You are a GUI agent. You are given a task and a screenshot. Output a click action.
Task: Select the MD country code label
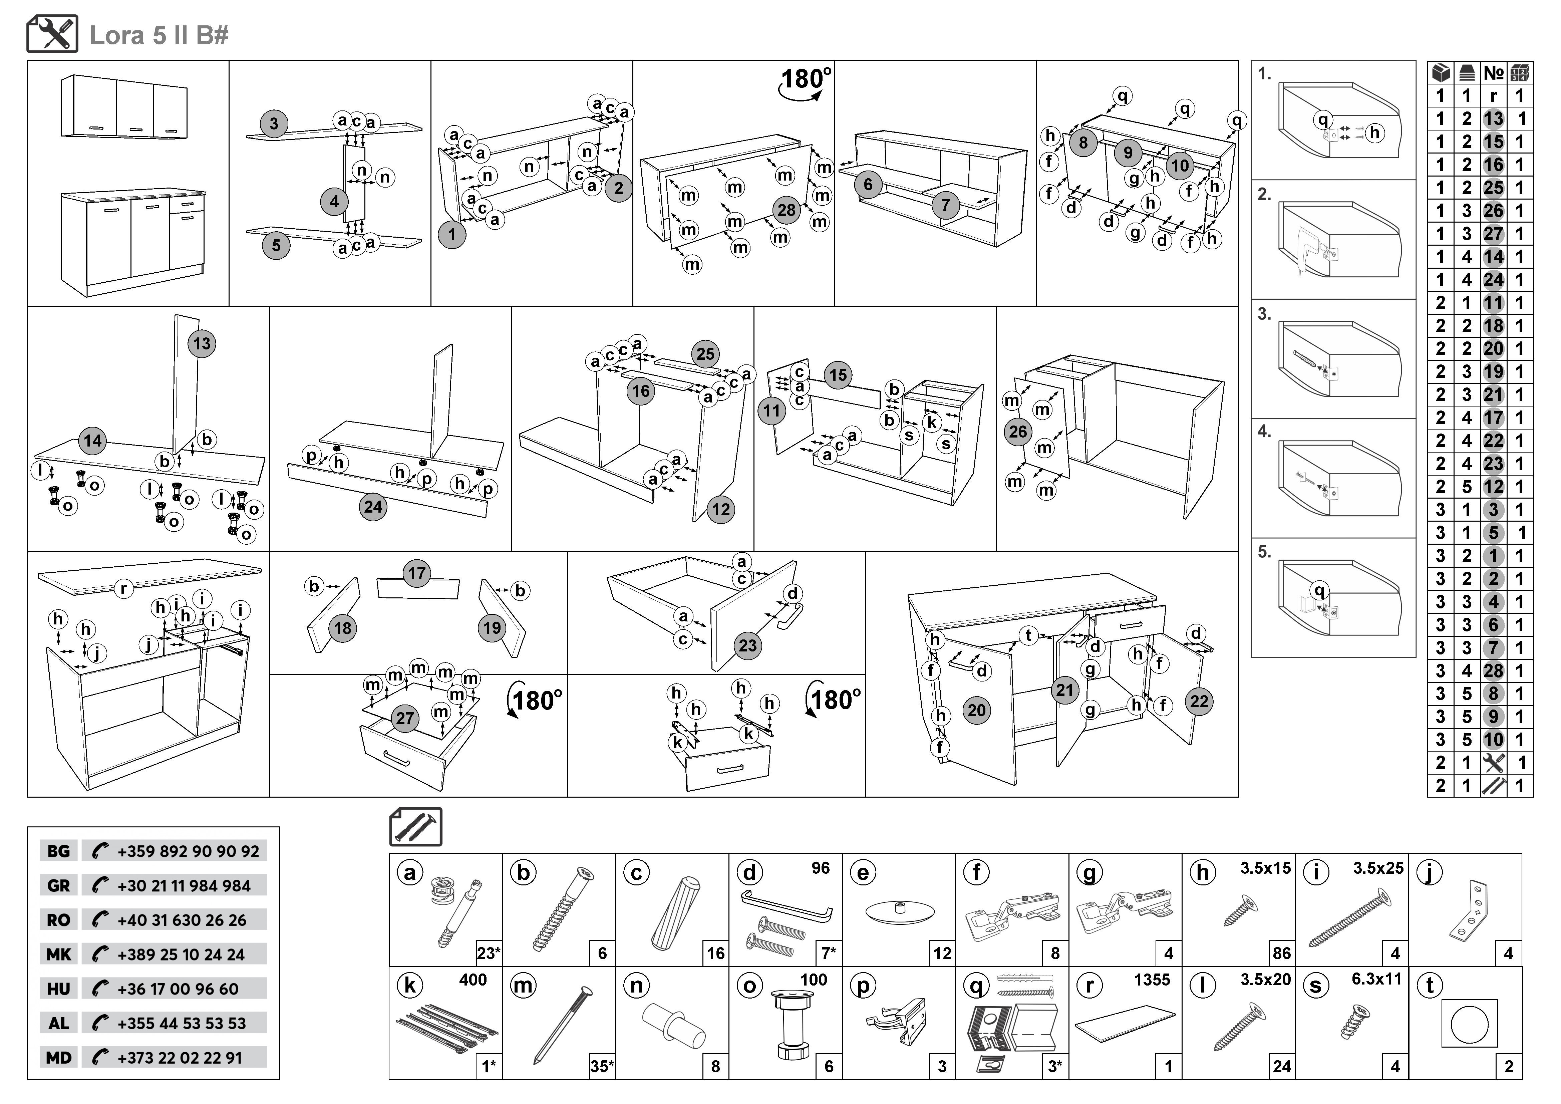tap(58, 1058)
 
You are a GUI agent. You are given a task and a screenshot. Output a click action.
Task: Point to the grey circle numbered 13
tap(202, 343)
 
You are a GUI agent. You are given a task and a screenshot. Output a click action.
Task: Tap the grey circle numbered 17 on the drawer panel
tap(417, 573)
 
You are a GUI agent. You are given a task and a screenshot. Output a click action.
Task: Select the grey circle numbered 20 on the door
tap(976, 711)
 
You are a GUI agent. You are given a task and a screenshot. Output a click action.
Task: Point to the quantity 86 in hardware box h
tap(1282, 953)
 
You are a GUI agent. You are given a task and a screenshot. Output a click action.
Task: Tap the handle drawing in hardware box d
tap(787, 907)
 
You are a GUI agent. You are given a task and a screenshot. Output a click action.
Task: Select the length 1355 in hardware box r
tap(1152, 980)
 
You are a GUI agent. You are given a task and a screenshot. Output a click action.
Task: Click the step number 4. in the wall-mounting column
tap(1264, 431)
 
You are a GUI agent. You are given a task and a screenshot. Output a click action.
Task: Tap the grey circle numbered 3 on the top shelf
tap(274, 124)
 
